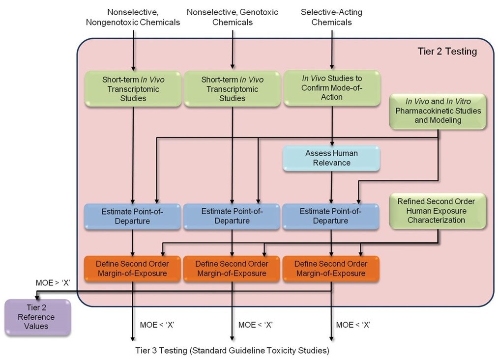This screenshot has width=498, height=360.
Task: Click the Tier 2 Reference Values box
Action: pyautogui.click(x=37, y=317)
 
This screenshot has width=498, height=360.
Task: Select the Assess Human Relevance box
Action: pyautogui.click(x=331, y=158)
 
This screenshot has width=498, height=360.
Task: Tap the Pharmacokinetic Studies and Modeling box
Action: pyautogui.click(x=438, y=111)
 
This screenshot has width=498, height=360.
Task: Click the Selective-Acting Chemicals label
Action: pyautogui.click(x=331, y=17)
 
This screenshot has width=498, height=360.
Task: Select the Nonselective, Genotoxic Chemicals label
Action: pyautogui.click(x=233, y=17)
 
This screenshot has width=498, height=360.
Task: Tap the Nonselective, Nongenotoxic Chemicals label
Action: pyautogui.click(x=133, y=17)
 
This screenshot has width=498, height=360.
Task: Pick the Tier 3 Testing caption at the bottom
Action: pyautogui.click(x=232, y=351)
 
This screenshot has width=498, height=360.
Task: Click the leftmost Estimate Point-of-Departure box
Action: pyautogui.click(x=132, y=216)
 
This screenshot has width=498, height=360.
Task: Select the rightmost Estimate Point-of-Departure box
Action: pyautogui.click(x=331, y=216)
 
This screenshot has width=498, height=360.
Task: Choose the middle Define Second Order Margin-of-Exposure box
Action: pyautogui.click(x=232, y=269)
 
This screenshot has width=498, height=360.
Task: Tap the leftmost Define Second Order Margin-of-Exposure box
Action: pyautogui.click(x=133, y=269)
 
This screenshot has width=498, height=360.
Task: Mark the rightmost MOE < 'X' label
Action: pyautogui.click(x=353, y=325)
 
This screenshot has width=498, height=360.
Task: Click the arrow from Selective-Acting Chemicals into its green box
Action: pyautogui.click(x=332, y=49)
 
